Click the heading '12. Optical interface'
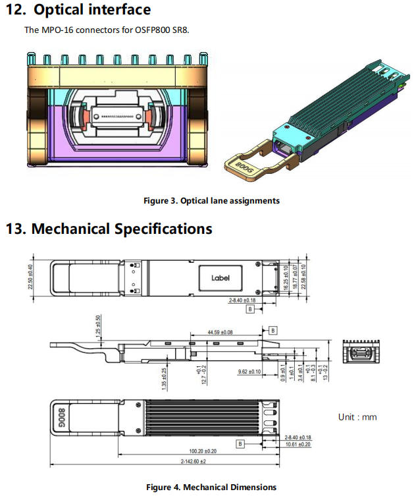[x=78, y=10]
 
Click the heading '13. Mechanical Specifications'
[x=109, y=229]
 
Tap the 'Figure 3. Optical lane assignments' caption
[x=211, y=200]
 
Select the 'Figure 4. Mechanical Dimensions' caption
[x=211, y=487]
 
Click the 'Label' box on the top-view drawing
[x=220, y=277]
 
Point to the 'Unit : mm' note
[x=357, y=417]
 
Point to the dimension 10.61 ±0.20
[x=298, y=445]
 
